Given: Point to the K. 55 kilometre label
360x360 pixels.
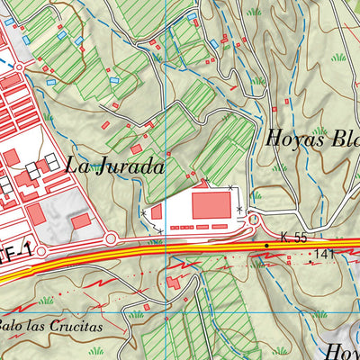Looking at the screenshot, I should (294, 236).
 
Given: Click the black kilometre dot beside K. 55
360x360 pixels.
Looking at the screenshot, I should (266, 245).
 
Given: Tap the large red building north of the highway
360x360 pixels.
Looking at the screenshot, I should (210, 205).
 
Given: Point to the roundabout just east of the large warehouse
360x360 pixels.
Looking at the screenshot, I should (254, 220).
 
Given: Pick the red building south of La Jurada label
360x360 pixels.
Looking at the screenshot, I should (80, 220).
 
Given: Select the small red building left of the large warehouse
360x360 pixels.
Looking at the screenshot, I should (156, 212).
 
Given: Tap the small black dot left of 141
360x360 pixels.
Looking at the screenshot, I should (310, 256).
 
